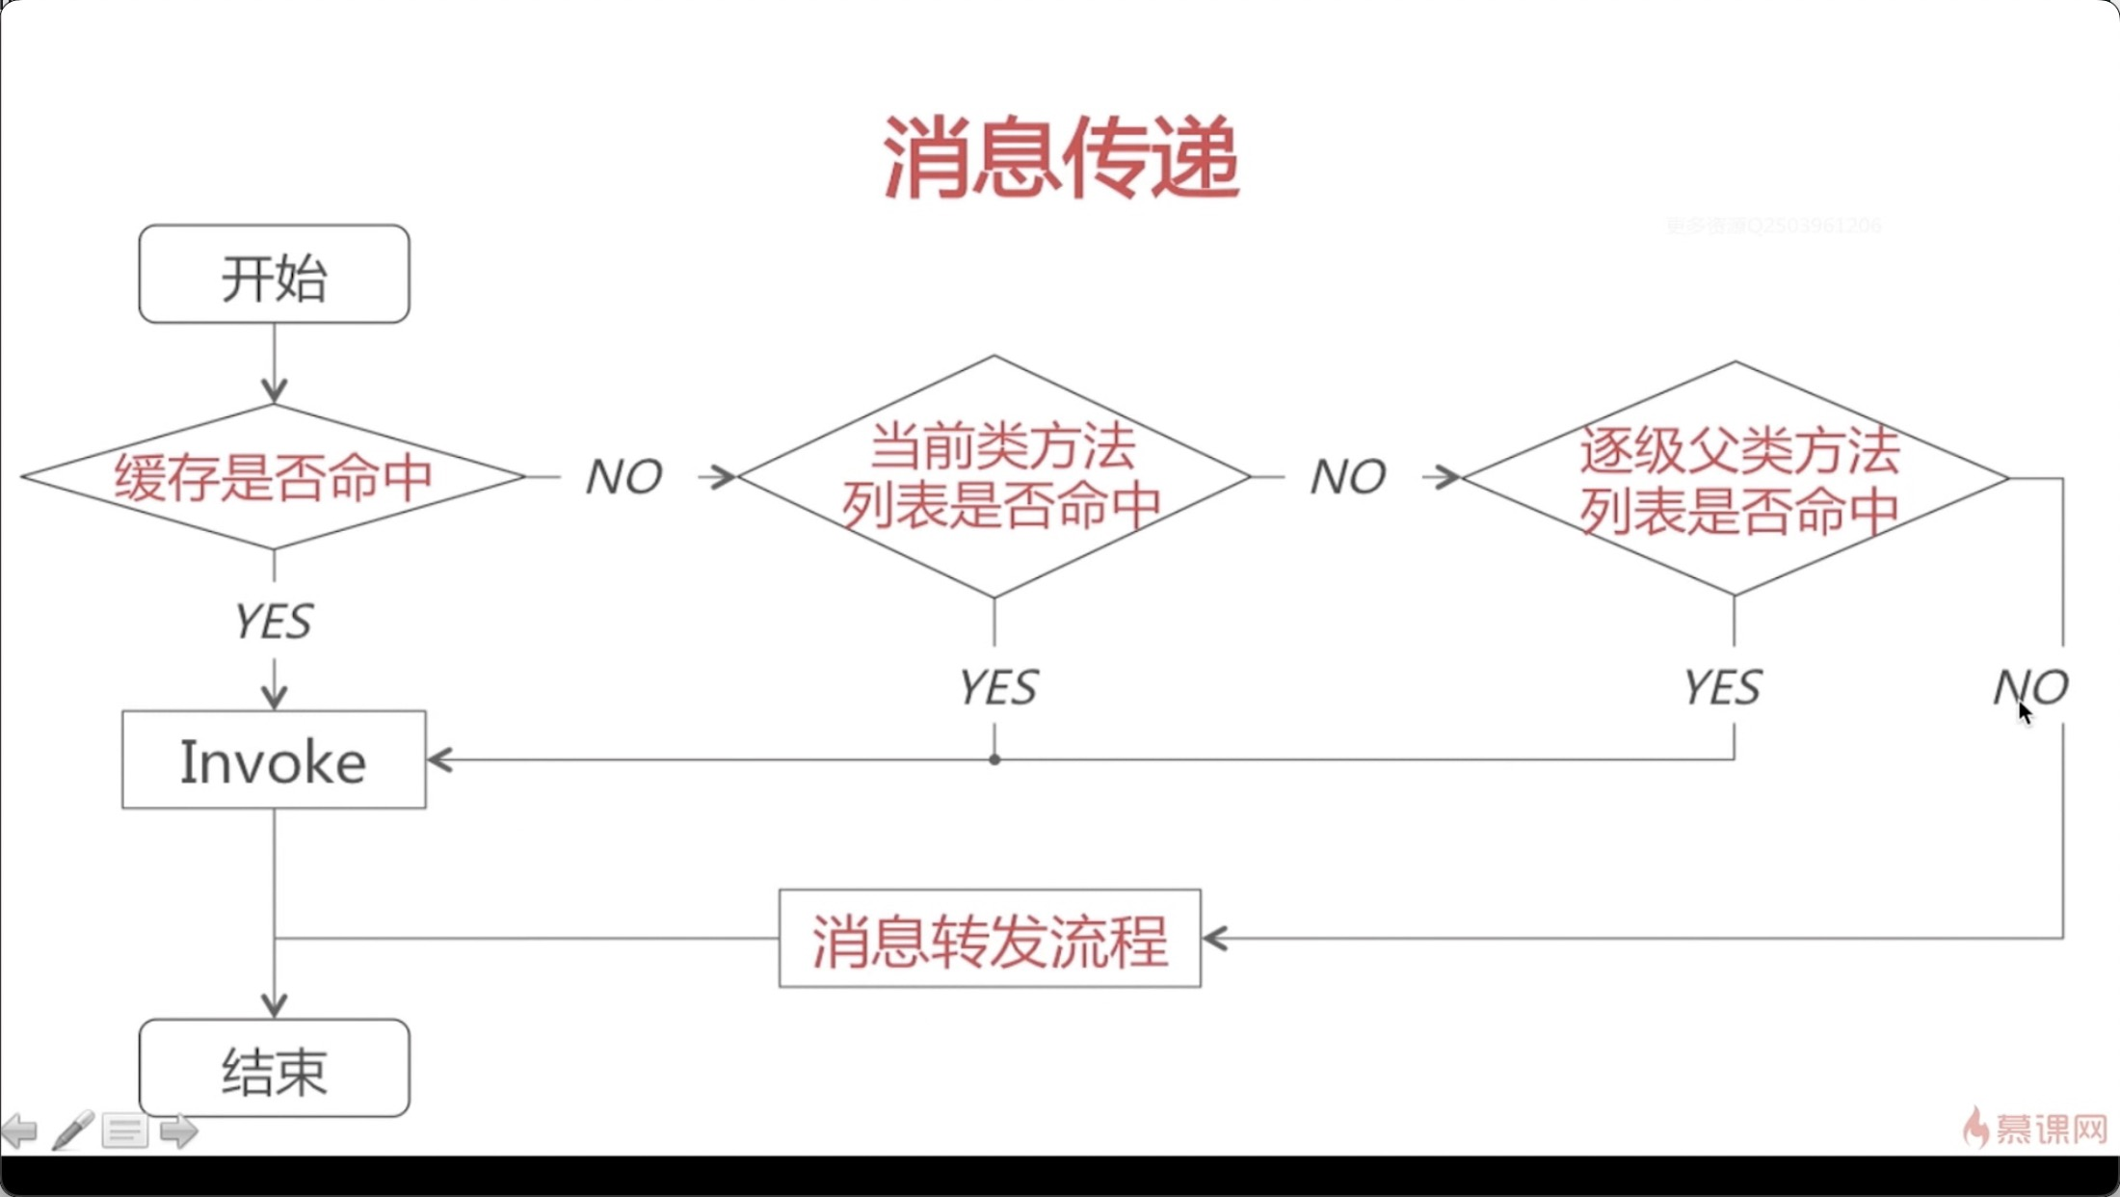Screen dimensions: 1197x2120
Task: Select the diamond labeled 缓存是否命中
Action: pyautogui.click(x=274, y=477)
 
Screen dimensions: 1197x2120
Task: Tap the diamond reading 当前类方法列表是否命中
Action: pyautogui.click(x=994, y=477)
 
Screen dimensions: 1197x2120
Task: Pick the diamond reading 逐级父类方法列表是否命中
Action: pyautogui.click(x=1735, y=479)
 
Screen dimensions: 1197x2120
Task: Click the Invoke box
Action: pyautogui.click(x=274, y=760)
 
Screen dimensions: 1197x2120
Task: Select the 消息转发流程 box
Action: pyautogui.click(x=990, y=939)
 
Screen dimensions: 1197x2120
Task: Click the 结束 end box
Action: pyautogui.click(x=274, y=1069)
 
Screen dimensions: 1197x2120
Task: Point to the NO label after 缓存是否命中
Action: pyautogui.click(x=623, y=477)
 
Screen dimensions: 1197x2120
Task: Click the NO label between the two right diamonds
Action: pyautogui.click(x=1347, y=477)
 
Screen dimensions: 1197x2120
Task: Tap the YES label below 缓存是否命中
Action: pyautogui.click(x=274, y=622)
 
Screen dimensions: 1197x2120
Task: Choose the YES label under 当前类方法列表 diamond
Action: pyautogui.click(x=997, y=688)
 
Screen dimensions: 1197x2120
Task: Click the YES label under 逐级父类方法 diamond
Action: pyautogui.click(x=1722, y=688)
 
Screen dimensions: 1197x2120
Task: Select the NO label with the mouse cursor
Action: pyautogui.click(x=2030, y=687)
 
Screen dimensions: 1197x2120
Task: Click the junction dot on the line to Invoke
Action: pyautogui.click(x=994, y=760)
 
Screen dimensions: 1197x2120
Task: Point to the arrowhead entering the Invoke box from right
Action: pyautogui.click(x=438, y=760)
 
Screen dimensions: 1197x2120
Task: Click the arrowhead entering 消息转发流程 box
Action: pyautogui.click(x=1214, y=939)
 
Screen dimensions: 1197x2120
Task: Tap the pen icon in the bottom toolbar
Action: pyautogui.click(x=72, y=1130)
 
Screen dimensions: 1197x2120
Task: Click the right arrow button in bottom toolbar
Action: pyautogui.click(x=178, y=1130)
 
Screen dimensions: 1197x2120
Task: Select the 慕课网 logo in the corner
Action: pyautogui.click(x=2035, y=1128)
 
